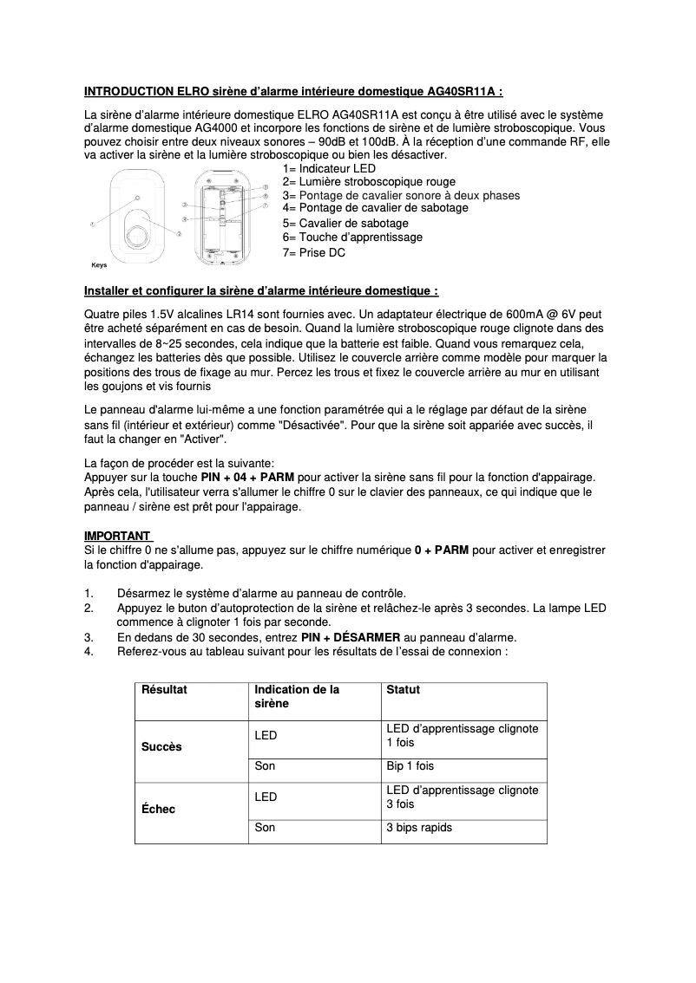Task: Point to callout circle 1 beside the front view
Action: [x=93, y=225]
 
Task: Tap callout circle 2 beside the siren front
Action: [x=179, y=234]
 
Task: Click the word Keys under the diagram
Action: [x=99, y=265]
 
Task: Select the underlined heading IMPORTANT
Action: [x=116, y=536]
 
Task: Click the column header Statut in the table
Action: [x=403, y=690]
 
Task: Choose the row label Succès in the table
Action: [x=161, y=746]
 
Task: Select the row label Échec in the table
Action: [x=158, y=809]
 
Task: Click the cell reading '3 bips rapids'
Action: [x=419, y=828]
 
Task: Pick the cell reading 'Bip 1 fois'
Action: [x=410, y=766]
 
